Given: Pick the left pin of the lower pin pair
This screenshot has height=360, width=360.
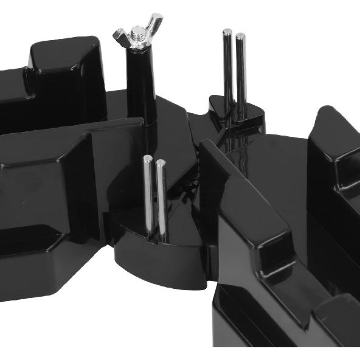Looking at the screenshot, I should click(148, 195).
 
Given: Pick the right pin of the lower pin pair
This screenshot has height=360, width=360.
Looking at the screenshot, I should click(161, 198).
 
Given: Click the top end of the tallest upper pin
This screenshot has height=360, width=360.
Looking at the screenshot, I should click(227, 32).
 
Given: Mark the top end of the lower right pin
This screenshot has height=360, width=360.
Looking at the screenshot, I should click(161, 163).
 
